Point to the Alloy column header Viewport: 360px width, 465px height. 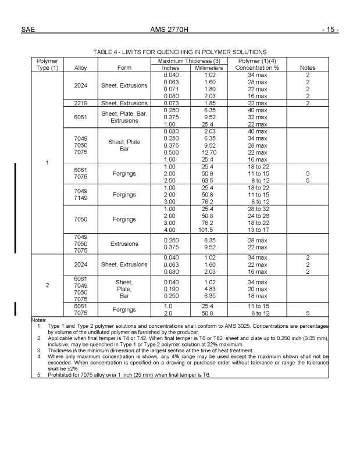point(81,67)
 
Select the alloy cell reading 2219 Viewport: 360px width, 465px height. point(81,103)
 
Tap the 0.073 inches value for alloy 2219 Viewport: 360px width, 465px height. point(172,103)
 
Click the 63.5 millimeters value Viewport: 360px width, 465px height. point(210,180)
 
